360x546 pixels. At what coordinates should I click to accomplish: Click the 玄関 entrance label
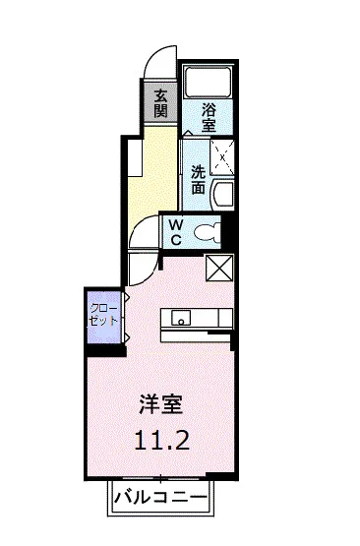tap(160, 100)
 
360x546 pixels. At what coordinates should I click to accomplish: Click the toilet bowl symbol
tap(208, 232)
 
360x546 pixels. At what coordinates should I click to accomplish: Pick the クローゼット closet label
tap(103, 315)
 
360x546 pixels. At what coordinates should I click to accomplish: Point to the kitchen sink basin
tap(180, 317)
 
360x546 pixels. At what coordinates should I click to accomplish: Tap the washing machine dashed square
tap(223, 154)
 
